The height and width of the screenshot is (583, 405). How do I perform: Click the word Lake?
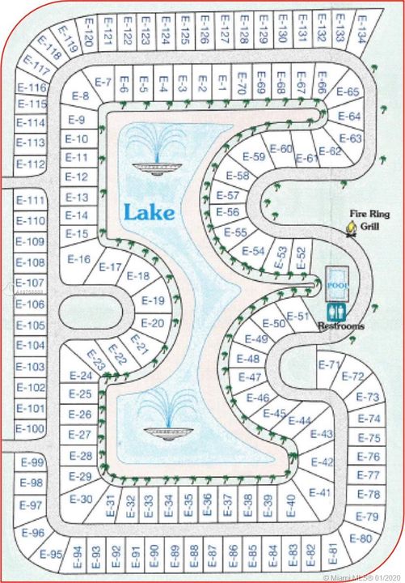point(150,213)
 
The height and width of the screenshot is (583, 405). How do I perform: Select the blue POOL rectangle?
point(335,283)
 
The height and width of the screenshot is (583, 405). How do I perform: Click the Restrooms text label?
point(340,326)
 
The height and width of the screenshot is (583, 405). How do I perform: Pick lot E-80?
point(364,538)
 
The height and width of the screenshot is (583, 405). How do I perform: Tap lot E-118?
point(53,53)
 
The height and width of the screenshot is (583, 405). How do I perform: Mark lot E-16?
point(79,260)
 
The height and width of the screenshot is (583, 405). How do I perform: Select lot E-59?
point(253,157)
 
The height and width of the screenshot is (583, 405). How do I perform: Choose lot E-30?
point(81,499)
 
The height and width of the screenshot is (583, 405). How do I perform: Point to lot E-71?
point(329,364)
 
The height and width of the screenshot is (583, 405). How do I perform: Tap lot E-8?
point(80,96)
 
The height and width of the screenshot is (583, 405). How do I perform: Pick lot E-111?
point(31,200)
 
